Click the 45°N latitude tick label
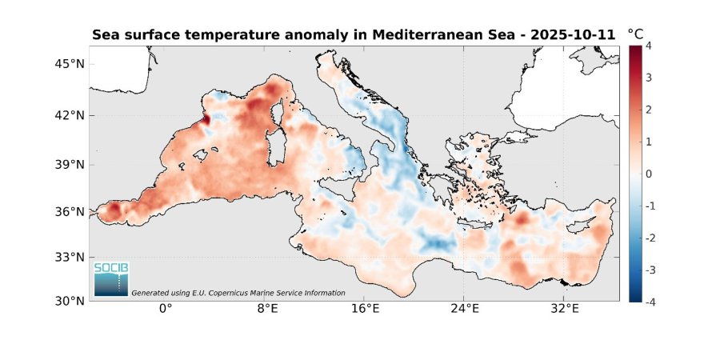(65, 64)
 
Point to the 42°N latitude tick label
(65, 115)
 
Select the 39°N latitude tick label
(65, 165)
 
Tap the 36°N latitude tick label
(65, 212)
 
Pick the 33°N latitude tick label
(65, 258)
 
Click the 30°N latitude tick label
(65, 302)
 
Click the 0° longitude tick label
(166, 309)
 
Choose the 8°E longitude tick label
(266, 309)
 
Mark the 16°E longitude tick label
(366, 309)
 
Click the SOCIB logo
(110, 278)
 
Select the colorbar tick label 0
(648, 174)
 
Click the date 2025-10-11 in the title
(577, 35)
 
